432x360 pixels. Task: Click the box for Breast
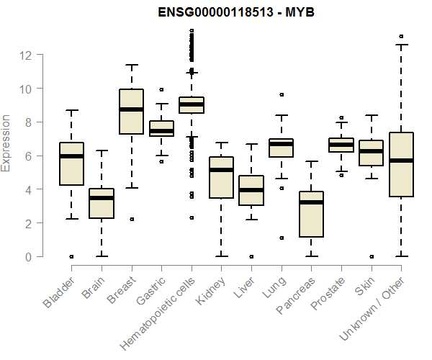(x=131, y=112)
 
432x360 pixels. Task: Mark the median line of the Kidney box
(x=221, y=170)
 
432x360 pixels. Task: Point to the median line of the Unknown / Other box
(x=400, y=161)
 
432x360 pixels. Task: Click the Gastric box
(x=161, y=128)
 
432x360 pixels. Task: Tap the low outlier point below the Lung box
(x=281, y=238)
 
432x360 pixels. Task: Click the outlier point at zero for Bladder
(x=71, y=256)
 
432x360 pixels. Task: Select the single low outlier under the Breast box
(x=131, y=219)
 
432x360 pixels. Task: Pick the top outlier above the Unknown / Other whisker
(x=400, y=36)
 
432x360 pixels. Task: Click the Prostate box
(x=341, y=145)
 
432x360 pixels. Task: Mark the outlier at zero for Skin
(x=371, y=256)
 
